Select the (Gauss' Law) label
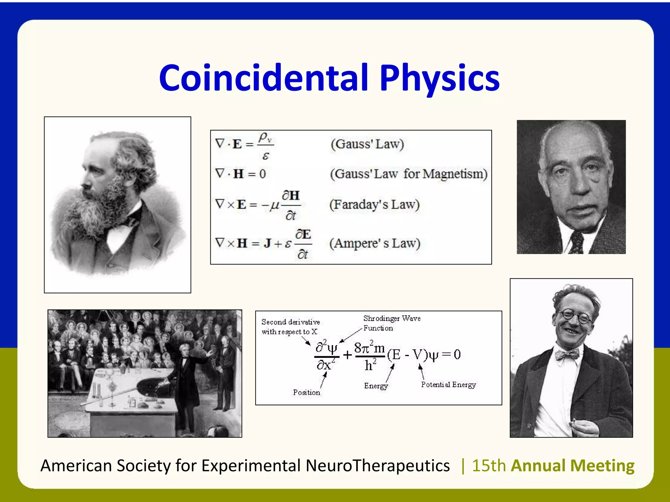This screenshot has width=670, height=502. (367, 144)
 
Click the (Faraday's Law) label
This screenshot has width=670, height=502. (374, 205)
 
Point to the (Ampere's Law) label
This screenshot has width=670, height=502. (375, 243)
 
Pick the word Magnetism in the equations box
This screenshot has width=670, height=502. (455, 174)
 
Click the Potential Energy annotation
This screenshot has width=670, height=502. (448, 385)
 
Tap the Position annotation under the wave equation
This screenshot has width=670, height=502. (306, 393)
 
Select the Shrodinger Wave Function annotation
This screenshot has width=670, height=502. (392, 323)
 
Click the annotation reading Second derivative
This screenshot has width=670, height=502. (291, 322)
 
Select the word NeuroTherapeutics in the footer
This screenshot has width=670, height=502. (378, 466)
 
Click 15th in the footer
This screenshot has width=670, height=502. (489, 466)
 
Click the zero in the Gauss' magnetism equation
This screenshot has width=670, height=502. (262, 174)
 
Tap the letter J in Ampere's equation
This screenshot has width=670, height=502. (267, 243)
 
